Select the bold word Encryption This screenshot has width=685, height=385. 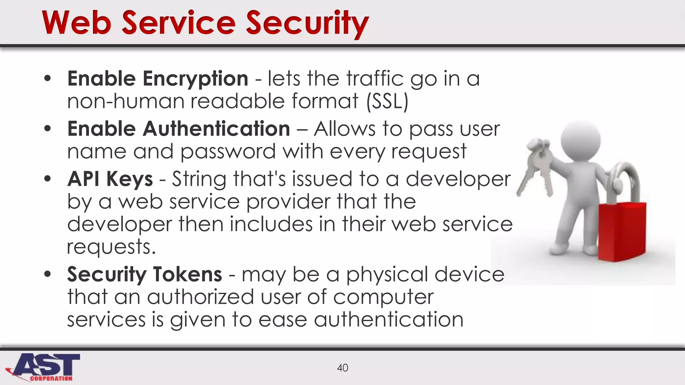click(195, 79)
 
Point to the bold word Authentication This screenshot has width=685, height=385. click(216, 129)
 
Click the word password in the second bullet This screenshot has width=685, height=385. click(228, 152)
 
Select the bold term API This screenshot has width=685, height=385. click(83, 179)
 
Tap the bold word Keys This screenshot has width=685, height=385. click(129, 179)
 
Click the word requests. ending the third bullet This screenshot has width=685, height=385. click(111, 247)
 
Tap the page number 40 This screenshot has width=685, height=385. click(342, 368)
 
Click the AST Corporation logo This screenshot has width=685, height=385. click(43, 367)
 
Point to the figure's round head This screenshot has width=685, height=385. click(580, 139)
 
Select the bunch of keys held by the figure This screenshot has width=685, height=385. click(536, 167)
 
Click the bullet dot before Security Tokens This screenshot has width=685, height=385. click(47, 274)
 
